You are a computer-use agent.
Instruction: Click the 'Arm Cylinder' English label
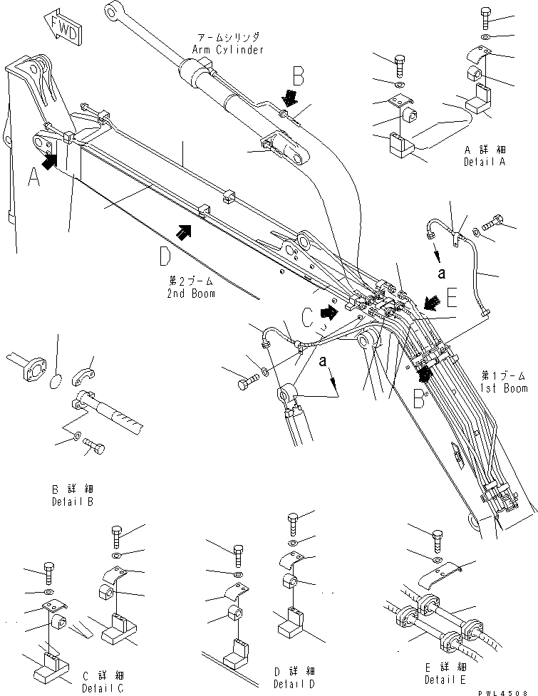coord(227,50)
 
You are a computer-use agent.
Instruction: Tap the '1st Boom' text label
coord(504,388)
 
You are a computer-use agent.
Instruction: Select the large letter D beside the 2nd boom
coord(165,254)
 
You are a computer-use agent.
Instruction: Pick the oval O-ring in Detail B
coord(54,385)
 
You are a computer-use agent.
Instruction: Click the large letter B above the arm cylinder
coord(297,76)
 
